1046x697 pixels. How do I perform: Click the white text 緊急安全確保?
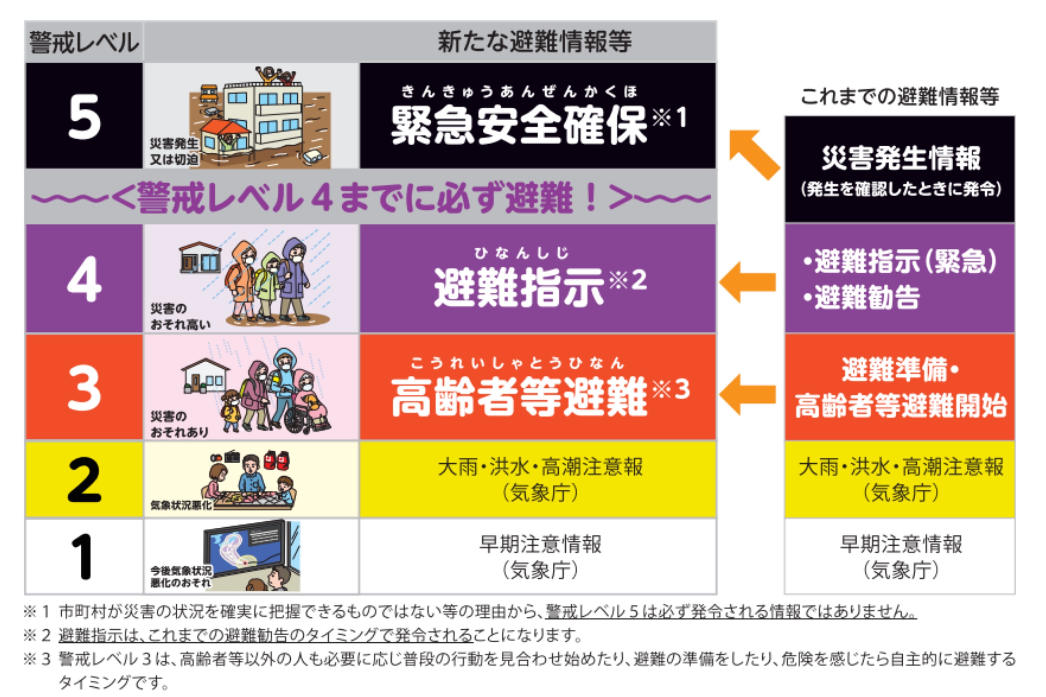point(518,126)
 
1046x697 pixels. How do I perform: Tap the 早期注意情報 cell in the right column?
point(900,556)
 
